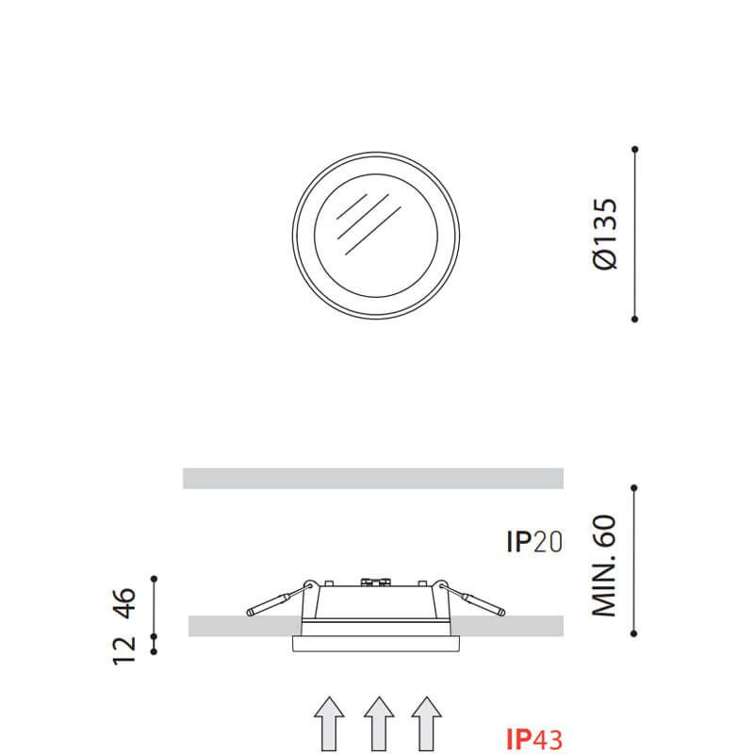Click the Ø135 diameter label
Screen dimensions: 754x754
pyautogui.click(x=605, y=234)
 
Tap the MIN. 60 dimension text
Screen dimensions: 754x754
pyautogui.click(x=604, y=566)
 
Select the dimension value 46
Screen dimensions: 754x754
pyautogui.click(x=124, y=603)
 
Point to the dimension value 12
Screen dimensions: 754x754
pyautogui.click(x=124, y=650)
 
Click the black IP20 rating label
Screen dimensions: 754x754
pyautogui.click(x=534, y=542)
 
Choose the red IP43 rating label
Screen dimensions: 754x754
pyautogui.click(x=534, y=740)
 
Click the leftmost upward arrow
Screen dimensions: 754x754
pyautogui.click(x=329, y=724)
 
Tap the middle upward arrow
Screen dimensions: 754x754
pyautogui.click(x=379, y=724)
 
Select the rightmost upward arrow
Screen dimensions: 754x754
pyautogui.click(x=427, y=724)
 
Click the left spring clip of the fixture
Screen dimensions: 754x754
pyautogui.click(x=279, y=599)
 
